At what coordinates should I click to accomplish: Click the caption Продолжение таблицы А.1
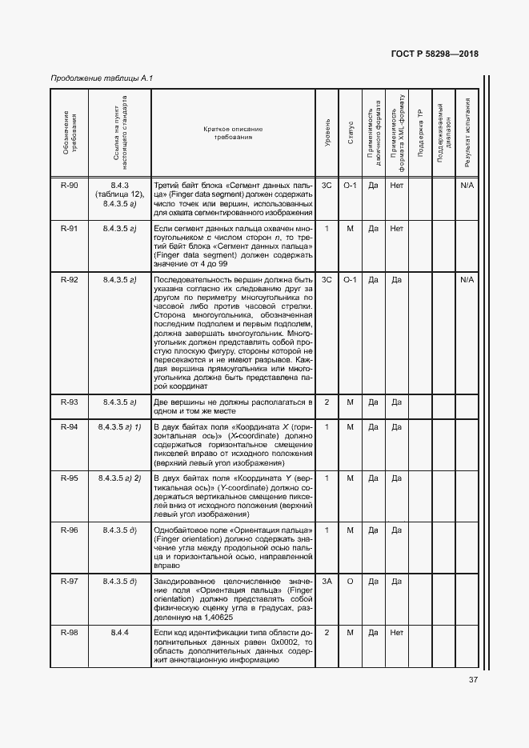102,78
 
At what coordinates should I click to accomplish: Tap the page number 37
473,681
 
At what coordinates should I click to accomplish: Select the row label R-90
70,186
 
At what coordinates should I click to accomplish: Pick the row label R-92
70,280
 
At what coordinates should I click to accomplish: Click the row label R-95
70,478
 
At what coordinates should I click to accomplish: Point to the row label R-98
70,633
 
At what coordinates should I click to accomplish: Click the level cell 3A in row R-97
327,581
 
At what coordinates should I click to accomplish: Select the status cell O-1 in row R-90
350,186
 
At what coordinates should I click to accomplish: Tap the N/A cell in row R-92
467,280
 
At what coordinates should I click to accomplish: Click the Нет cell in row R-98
396,633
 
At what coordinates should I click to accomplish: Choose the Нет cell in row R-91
396,229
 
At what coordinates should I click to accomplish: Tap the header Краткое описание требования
233,133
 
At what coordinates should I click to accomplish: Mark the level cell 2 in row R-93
327,402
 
